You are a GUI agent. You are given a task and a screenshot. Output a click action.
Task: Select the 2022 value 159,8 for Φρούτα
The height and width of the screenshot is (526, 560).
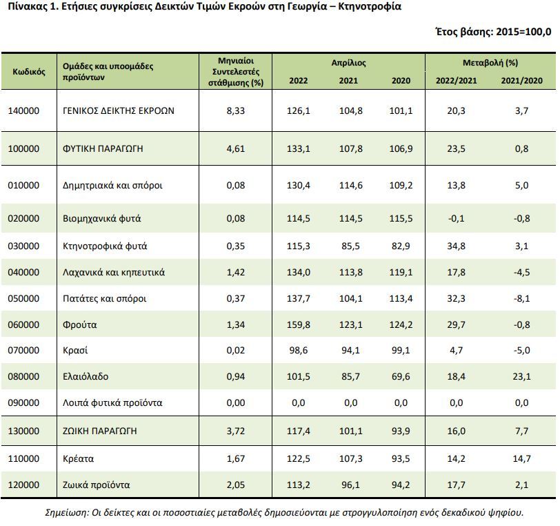[x=299, y=324]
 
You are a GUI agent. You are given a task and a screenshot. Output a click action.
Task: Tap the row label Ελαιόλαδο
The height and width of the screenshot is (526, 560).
[x=86, y=377]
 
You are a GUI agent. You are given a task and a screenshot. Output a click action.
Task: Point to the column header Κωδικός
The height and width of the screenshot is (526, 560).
[x=29, y=71]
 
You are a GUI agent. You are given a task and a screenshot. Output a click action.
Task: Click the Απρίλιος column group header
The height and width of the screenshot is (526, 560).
[x=348, y=63]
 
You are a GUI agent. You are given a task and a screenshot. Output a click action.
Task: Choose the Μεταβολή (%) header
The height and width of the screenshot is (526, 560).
[x=490, y=63]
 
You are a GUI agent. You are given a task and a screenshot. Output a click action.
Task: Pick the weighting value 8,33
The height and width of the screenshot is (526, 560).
[x=236, y=110]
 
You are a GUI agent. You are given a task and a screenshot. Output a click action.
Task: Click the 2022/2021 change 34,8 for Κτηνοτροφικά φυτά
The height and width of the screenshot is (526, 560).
[x=457, y=246]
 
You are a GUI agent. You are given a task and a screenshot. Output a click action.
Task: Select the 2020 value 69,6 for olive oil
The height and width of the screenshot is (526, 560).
[x=401, y=377]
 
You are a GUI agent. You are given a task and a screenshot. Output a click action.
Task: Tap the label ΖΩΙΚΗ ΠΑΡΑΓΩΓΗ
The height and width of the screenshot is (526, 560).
[x=99, y=431]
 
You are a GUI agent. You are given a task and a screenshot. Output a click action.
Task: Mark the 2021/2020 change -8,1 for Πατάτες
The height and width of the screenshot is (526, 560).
[x=521, y=299]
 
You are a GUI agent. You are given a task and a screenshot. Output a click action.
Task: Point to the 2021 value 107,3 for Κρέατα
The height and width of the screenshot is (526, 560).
[x=349, y=458]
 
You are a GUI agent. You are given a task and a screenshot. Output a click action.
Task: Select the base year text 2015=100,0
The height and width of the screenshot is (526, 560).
[x=524, y=32]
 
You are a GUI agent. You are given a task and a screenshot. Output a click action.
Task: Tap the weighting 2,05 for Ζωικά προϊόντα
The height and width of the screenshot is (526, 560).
[x=236, y=485]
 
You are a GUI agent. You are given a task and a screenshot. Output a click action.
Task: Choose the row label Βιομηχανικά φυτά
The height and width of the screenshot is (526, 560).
[x=101, y=219]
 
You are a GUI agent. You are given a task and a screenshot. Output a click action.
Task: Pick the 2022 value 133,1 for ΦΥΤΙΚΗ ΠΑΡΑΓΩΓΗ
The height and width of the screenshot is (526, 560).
[x=299, y=148]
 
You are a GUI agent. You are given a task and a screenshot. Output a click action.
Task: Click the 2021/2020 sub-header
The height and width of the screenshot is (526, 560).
[x=521, y=81]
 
